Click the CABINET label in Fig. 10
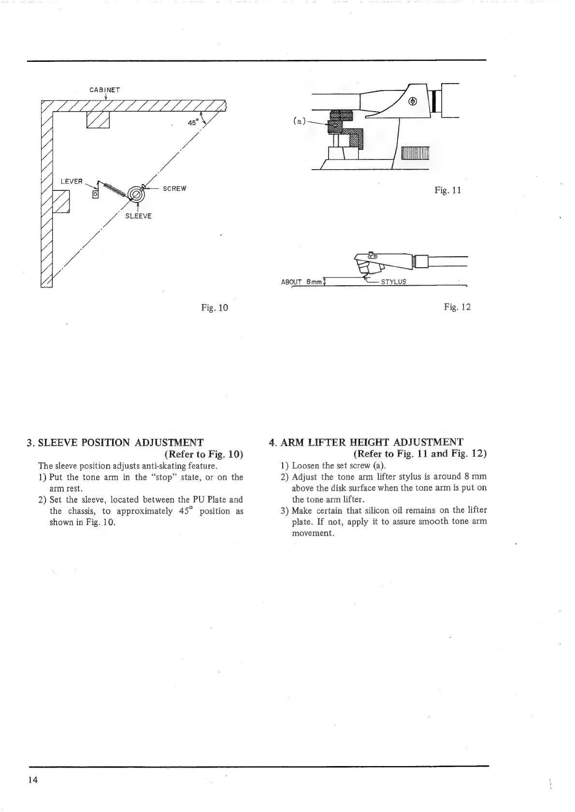pos(104,90)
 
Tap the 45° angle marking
pos(193,123)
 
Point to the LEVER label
pos(72,181)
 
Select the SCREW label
pos(174,188)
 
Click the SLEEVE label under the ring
pos(138,216)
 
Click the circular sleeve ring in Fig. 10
pos(136,195)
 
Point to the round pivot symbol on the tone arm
pos(413,101)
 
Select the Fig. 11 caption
pos(447,190)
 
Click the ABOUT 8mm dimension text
pos(301,282)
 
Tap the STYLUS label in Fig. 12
pos(393,282)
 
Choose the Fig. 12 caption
pos(457,307)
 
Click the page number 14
pos(33,779)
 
